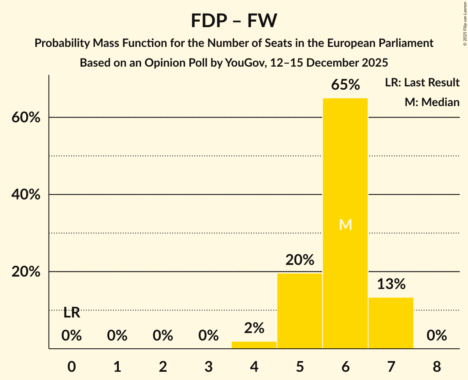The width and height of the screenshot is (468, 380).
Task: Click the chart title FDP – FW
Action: (234, 21)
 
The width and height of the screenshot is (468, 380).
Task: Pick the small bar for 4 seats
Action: (254, 345)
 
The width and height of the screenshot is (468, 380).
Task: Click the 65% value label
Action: (346, 85)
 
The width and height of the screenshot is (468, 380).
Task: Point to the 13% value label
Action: (391, 284)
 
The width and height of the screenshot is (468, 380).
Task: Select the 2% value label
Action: (254, 328)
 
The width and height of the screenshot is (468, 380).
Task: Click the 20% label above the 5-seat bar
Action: (300, 260)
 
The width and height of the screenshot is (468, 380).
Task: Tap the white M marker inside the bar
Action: (346, 225)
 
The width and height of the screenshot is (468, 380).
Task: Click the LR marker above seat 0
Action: (72, 313)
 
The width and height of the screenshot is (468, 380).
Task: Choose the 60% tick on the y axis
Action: (25, 118)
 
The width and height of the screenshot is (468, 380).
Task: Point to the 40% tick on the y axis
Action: (25, 195)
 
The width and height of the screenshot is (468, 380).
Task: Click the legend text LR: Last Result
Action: (422, 83)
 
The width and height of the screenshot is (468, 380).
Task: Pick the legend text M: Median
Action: (432, 102)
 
